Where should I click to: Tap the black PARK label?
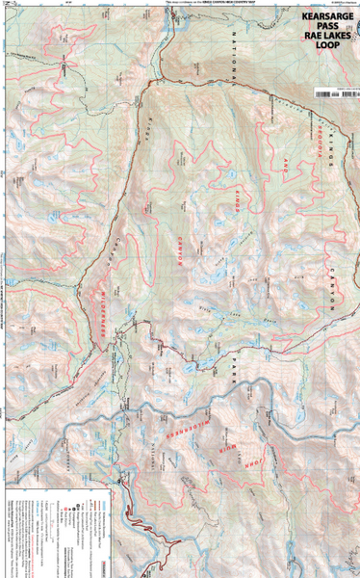(x=233, y=363)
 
